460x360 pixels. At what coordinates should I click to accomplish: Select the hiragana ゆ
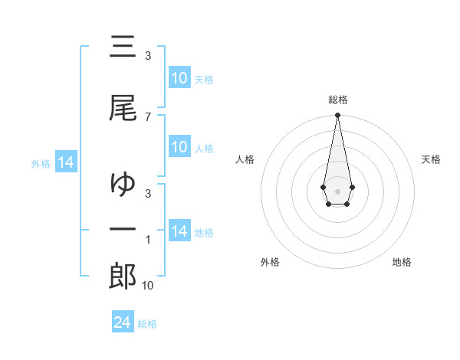click(123, 184)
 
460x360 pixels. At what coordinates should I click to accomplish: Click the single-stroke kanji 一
click(123, 230)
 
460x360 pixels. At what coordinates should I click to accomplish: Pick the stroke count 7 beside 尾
click(147, 116)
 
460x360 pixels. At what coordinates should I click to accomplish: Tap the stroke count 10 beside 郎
click(147, 286)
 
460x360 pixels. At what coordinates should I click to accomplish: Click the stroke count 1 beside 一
click(148, 241)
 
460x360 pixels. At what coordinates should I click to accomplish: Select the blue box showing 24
click(123, 322)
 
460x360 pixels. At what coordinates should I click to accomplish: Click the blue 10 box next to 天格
click(179, 78)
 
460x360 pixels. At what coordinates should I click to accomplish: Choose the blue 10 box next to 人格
click(179, 147)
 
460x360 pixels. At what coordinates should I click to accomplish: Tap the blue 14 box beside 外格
click(65, 162)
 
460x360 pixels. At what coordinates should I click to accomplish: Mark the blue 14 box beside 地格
click(179, 231)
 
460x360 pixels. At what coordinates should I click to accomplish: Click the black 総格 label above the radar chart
click(337, 100)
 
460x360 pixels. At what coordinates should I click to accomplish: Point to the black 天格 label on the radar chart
click(431, 159)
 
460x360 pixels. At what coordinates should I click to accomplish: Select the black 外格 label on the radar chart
click(270, 262)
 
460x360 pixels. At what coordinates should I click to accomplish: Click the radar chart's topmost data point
click(337, 116)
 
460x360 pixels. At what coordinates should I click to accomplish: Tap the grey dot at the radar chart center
click(337, 190)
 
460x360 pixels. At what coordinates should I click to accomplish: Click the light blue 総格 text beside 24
click(147, 324)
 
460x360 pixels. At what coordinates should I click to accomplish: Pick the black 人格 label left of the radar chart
click(245, 159)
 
